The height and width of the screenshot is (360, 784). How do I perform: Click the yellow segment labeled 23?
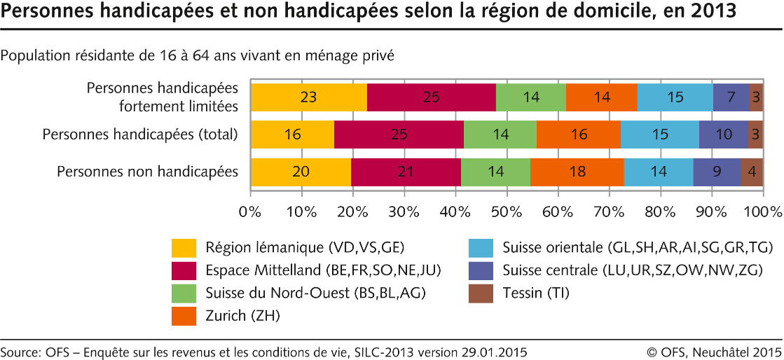coord(308,97)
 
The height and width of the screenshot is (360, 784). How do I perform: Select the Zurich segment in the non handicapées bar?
coord(577,172)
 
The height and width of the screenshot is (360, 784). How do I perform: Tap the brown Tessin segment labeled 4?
coord(752,172)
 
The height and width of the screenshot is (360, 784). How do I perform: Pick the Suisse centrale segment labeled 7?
coord(731,97)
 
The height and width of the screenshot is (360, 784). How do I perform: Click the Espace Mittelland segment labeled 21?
coord(406,172)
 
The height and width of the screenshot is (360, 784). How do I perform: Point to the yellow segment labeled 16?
coord(292,134)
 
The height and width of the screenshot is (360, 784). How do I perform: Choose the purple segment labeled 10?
coord(723,134)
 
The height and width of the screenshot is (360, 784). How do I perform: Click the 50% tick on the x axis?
coord(507,211)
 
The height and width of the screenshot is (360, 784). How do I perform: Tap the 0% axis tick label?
coord(250,211)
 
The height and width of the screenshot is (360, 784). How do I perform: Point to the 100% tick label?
coord(762,211)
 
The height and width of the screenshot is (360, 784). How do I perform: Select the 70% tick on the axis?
coord(609,211)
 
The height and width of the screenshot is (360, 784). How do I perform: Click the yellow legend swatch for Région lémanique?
coord(184,248)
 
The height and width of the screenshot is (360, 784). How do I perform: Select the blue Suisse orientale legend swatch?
coord(480,248)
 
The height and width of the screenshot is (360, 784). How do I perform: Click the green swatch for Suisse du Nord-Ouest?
coord(184,293)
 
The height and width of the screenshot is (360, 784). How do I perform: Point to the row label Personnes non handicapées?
coord(147,172)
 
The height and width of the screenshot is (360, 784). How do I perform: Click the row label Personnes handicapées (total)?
coord(140,134)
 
